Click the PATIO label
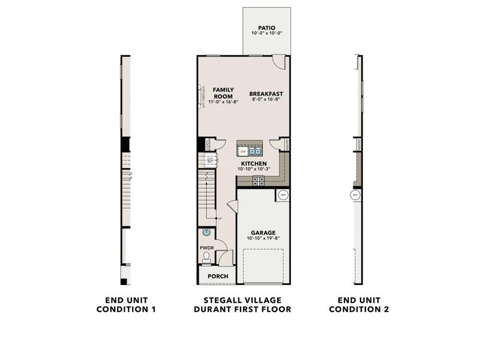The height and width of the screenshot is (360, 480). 266,28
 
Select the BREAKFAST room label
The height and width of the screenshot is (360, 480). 266,94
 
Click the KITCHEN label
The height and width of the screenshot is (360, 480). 254,163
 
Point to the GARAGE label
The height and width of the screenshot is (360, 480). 263,232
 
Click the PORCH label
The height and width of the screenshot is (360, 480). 217,277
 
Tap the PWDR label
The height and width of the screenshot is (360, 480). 206,247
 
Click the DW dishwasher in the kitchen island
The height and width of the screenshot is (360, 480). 244,152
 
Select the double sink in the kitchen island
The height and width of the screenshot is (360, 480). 256,152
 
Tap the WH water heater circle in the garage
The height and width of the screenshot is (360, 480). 283,195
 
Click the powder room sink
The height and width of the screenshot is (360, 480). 206,232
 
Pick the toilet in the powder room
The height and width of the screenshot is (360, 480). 206,257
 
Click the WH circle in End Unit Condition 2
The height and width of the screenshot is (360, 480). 355,195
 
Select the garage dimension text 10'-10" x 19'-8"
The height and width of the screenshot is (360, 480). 263,238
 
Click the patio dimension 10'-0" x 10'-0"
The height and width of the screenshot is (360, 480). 266,34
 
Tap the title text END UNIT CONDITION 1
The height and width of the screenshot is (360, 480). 126,305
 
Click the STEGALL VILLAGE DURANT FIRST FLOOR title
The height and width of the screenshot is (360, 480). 242,305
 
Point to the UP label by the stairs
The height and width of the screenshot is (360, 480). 220,218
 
